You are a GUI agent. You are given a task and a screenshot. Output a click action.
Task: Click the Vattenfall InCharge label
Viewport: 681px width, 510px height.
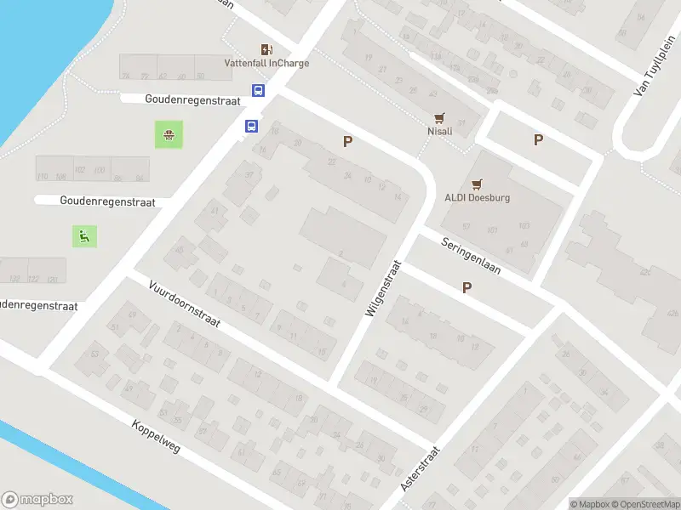pos(266,63)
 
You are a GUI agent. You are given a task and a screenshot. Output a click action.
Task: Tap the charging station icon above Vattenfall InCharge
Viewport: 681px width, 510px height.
pos(266,49)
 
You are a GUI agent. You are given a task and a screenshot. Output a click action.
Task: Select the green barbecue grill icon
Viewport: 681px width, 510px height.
pos(169,134)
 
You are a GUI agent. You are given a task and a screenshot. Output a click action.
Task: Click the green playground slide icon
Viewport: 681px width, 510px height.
pos(84,236)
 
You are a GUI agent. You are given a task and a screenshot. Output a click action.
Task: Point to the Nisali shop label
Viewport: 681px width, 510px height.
pos(439,131)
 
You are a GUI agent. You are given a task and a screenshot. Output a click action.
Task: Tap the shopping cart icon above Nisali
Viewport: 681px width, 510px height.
pos(439,118)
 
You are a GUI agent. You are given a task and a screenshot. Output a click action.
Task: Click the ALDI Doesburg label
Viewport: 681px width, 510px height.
pos(477,197)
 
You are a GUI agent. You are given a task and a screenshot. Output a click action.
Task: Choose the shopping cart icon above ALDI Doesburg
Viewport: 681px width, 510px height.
pos(477,183)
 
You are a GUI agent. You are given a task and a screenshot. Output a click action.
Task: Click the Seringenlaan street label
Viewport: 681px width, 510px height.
pos(471,254)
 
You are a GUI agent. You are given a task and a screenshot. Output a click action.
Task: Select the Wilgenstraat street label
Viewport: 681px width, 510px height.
pos(381,289)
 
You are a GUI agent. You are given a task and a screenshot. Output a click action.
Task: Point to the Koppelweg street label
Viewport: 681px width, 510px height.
pos(157,436)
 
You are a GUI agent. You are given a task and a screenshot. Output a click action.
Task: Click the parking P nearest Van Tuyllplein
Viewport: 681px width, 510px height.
pos(538,139)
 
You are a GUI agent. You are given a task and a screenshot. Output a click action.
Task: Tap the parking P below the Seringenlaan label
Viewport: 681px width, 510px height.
pos(466,288)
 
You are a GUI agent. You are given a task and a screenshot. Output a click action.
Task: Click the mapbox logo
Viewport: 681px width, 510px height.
pos(37,499)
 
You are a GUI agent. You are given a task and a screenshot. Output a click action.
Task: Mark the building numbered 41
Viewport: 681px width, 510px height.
pos(215,211)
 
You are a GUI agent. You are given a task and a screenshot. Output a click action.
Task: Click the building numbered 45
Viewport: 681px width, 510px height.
pos(180,250)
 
